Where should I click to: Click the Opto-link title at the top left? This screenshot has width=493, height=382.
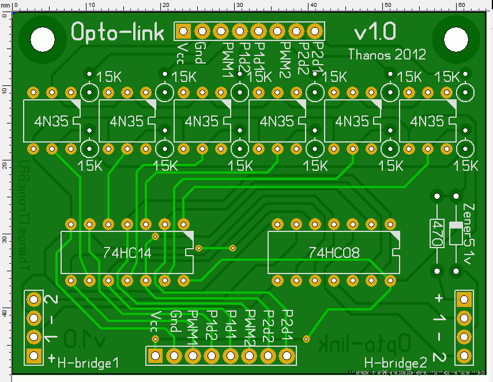click(118, 32)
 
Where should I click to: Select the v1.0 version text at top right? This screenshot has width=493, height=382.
click(375, 32)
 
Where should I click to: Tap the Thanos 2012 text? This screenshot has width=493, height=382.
click(387, 55)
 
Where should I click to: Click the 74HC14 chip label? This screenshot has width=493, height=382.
click(126, 252)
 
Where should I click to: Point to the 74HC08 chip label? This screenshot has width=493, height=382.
click(334, 252)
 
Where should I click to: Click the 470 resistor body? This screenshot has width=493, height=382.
click(436, 233)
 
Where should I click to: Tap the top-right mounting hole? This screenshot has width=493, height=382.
click(456, 38)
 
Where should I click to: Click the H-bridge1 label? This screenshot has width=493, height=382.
click(88, 362)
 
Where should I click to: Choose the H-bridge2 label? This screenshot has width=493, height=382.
click(396, 363)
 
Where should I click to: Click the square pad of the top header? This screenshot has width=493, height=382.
click(184, 31)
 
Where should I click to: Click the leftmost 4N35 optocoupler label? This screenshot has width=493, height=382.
click(50, 121)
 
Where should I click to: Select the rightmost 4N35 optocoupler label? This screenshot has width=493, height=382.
click(426, 121)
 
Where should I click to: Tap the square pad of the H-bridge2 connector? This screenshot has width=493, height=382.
click(463, 299)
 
